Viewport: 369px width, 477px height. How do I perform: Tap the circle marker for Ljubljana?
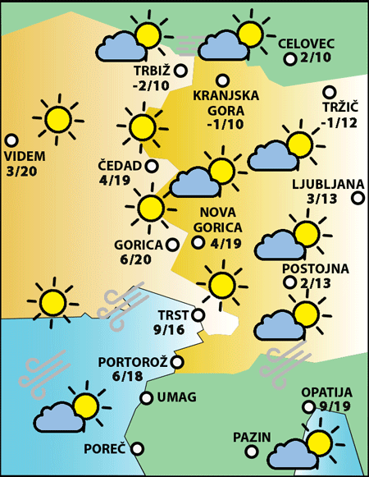pos(358,197)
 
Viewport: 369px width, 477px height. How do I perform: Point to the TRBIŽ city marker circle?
pos(180,71)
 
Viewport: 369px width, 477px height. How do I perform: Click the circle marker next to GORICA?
pos(172,244)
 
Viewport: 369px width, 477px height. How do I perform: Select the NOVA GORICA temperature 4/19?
pos(225,243)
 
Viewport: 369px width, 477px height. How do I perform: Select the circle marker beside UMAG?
pos(147,398)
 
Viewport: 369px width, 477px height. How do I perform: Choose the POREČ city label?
pos(105,449)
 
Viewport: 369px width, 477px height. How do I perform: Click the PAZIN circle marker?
pos(278,436)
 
